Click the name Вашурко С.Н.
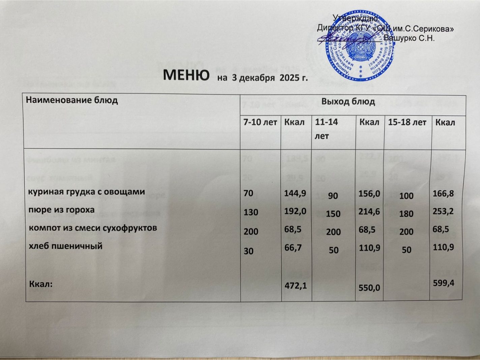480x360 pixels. (x=409, y=38)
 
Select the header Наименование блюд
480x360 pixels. (x=72, y=100)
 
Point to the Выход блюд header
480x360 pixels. (x=348, y=101)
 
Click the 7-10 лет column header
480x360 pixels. (x=260, y=122)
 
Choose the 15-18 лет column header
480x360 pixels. (x=407, y=122)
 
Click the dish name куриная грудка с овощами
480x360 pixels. (x=86, y=192)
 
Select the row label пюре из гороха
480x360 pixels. (x=61, y=210)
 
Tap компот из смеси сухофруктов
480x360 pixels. (x=93, y=228)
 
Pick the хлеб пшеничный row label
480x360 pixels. (x=65, y=246)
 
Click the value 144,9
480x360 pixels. (x=295, y=193)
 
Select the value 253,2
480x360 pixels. (x=443, y=211)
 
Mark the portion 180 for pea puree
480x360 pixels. (x=406, y=214)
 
